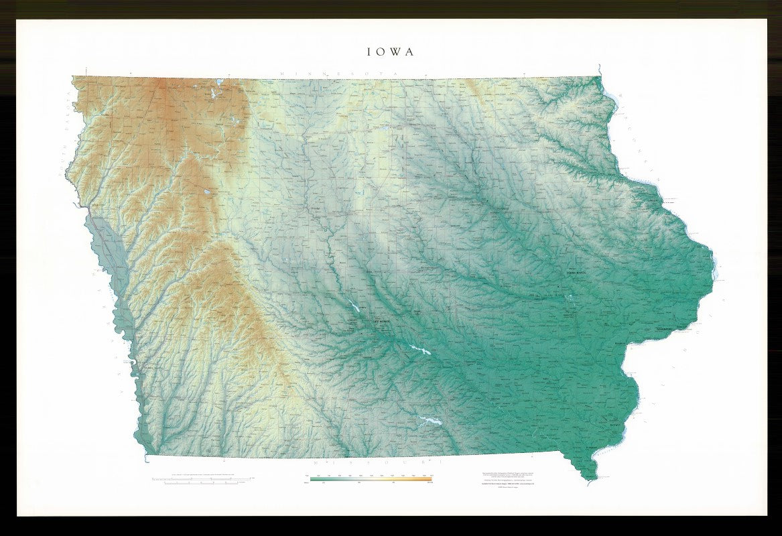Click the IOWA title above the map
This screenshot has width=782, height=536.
pyautogui.click(x=390, y=52)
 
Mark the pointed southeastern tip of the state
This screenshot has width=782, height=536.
pyautogui.click(x=590, y=478)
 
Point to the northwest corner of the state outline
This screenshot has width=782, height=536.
pyautogui.click(x=72, y=77)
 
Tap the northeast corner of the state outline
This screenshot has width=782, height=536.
pyautogui.click(x=598, y=76)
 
